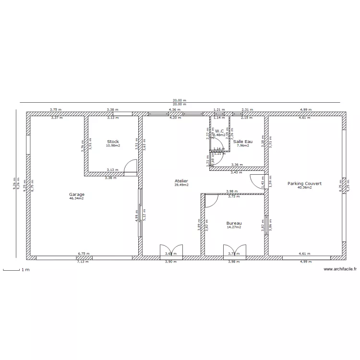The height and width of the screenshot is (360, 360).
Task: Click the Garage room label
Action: coord(76,194)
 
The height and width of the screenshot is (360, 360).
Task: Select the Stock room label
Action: coord(113,142)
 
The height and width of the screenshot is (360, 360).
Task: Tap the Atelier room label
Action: coord(181,181)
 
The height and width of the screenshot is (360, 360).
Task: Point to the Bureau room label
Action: coord(234,223)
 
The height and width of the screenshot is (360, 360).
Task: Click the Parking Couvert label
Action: coord(304,183)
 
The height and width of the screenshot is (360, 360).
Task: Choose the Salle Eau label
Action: coord(243,142)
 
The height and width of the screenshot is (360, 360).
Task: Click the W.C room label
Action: coord(219,131)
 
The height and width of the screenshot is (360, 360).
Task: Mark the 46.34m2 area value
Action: coord(76,198)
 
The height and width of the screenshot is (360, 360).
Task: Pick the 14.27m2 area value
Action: coord(234,227)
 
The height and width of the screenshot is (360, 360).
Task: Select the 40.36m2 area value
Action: coord(304,188)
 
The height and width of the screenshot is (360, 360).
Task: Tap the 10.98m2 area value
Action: coord(113,145)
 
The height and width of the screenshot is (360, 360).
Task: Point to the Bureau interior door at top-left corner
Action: coord(212,201)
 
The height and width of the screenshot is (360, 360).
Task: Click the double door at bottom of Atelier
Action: coord(170,251)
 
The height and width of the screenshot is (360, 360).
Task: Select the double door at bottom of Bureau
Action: coord(234,251)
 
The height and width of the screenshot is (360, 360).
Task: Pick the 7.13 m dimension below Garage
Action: coord(83,262)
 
